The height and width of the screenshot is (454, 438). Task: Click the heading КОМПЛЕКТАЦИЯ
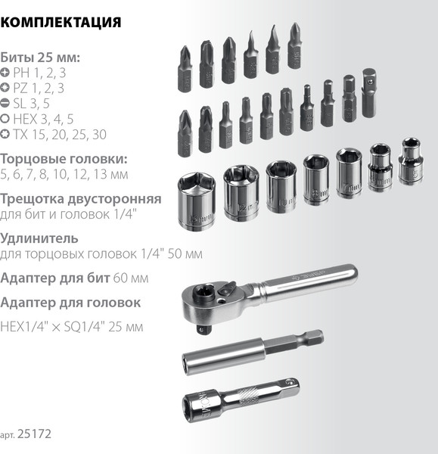tap(61, 23)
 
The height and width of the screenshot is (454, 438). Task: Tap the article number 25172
tap(34, 434)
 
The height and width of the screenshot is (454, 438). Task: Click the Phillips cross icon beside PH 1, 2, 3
tap(5, 72)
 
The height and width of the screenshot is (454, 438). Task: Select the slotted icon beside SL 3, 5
tap(5, 103)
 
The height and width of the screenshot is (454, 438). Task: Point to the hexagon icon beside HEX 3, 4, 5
tap(5, 119)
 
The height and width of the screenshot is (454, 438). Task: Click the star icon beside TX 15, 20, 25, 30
tap(5, 134)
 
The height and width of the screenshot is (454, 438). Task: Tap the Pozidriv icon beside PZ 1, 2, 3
tap(5, 87)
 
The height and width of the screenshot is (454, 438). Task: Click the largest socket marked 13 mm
tap(197, 201)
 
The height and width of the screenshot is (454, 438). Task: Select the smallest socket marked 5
tap(411, 161)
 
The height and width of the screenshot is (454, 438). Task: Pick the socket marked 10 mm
tap(281, 187)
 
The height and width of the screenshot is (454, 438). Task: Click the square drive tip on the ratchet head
tap(204, 329)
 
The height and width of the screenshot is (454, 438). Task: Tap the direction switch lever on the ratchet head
tap(226, 289)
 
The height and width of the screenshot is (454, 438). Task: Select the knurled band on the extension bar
tap(249, 393)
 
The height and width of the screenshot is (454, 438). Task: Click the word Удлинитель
tap(39, 238)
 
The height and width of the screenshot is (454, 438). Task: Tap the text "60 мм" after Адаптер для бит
tap(131, 278)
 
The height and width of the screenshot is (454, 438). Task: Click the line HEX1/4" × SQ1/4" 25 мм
tap(72, 327)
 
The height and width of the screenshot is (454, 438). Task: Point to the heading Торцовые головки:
tap(64, 159)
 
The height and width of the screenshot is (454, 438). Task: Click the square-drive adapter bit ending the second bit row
tap(369, 93)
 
